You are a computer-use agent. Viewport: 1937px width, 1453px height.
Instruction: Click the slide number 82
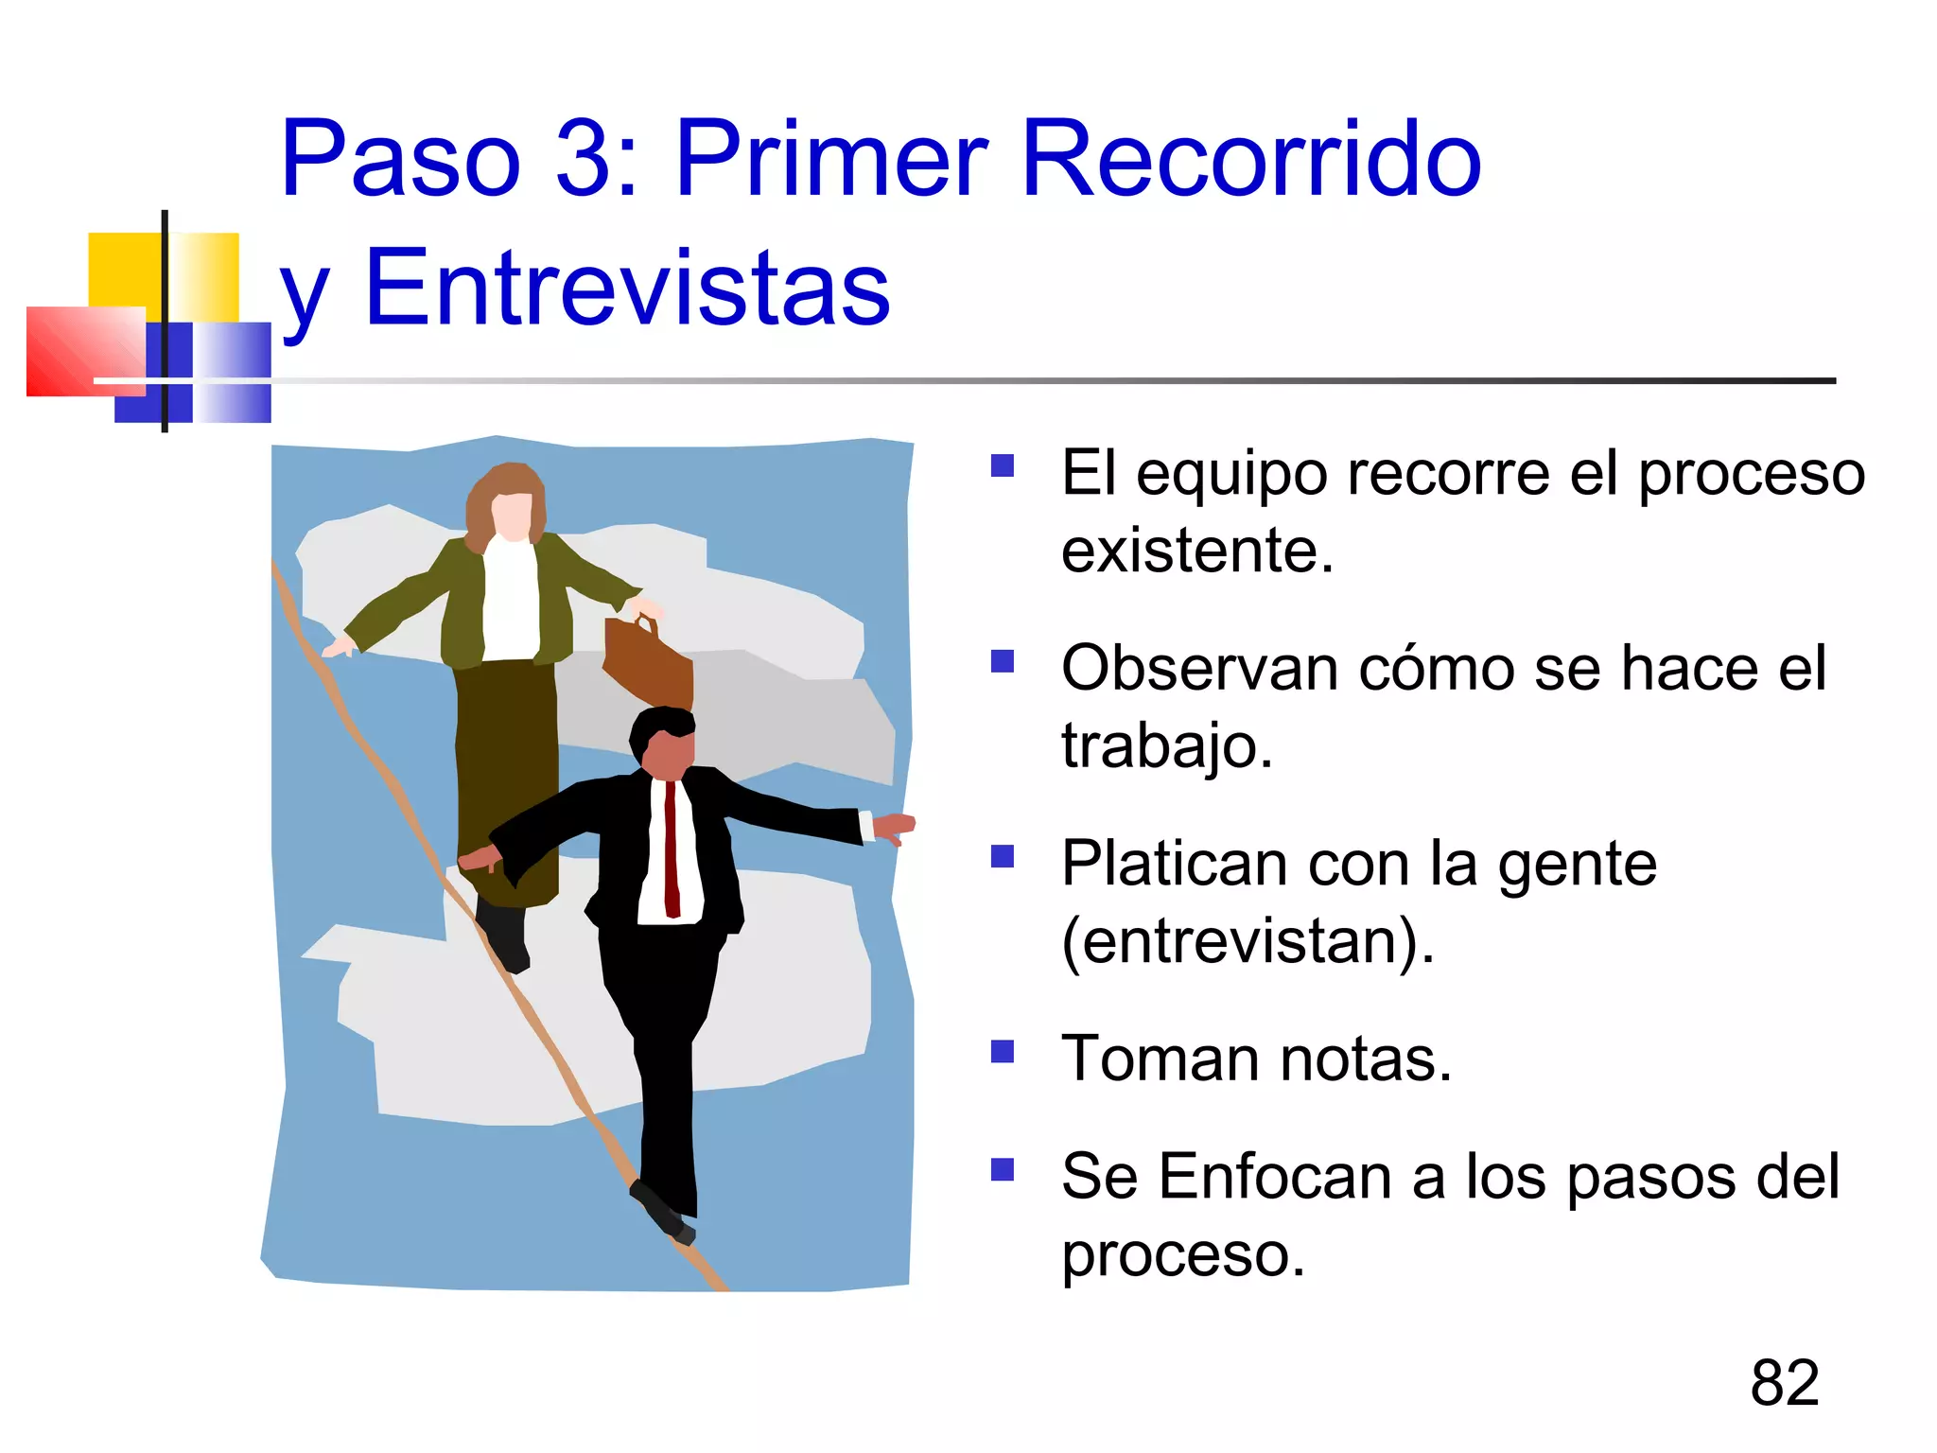pyautogui.click(x=1784, y=1382)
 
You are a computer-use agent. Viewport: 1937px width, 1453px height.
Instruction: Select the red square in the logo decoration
pyautogui.click(x=80, y=351)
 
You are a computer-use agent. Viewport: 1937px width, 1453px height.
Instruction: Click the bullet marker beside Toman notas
pyautogui.click(x=1002, y=1052)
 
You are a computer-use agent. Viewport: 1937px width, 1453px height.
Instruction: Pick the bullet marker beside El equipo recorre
pyautogui.click(x=1002, y=465)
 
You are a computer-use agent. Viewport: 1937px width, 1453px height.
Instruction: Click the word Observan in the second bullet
pyautogui.click(x=1199, y=669)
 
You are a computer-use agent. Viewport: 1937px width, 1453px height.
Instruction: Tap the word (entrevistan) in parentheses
pyautogui.click(x=1247, y=941)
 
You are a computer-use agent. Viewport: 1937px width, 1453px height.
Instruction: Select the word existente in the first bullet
pyautogui.click(x=1196, y=551)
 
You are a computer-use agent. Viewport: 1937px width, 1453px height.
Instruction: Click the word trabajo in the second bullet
pyautogui.click(x=1166, y=746)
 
